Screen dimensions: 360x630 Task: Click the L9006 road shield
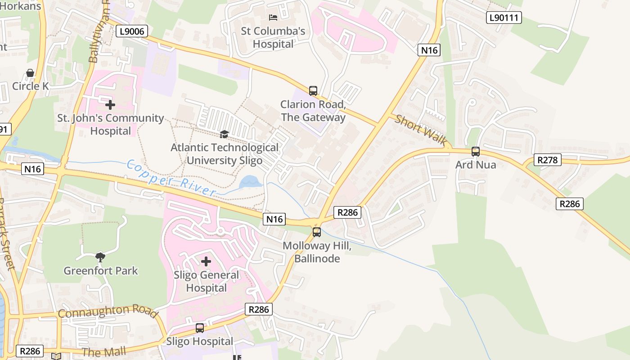(131, 31)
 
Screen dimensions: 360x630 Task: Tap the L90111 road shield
(504, 18)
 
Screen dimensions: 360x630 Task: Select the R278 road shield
(548, 160)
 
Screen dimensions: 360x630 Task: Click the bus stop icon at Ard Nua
(476, 152)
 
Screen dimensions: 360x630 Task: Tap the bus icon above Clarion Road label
(313, 90)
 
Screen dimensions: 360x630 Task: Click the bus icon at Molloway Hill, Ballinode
(317, 232)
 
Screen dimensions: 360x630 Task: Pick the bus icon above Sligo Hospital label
(200, 328)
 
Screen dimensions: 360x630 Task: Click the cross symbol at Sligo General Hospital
(206, 261)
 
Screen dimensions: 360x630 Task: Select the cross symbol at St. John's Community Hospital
(110, 105)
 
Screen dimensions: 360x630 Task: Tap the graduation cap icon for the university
(224, 134)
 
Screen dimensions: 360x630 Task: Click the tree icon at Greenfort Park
(100, 257)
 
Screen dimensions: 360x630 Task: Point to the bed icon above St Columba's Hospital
(273, 18)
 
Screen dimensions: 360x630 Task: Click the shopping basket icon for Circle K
(30, 73)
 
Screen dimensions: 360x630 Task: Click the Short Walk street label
(421, 130)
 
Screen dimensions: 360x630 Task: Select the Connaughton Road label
(108, 311)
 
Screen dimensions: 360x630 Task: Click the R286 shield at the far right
(570, 204)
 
